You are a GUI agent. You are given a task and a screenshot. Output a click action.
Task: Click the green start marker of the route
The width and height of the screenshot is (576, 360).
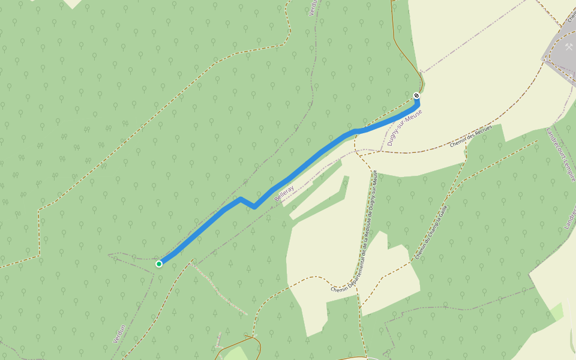tap(159, 263)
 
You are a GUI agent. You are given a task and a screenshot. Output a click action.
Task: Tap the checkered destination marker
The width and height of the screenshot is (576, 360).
tap(416, 96)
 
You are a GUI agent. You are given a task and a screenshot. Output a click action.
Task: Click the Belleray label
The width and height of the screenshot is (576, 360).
tap(284, 193)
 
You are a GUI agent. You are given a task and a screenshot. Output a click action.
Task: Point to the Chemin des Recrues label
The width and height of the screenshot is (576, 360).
tap(471, 137)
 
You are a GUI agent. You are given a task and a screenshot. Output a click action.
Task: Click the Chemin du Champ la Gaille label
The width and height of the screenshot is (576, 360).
tap(431, 232)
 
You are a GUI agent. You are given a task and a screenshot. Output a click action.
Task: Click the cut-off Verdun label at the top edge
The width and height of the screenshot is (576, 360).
tap(312, 7)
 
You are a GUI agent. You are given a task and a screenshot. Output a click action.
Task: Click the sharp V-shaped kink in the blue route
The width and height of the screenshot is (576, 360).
tap(254, 207)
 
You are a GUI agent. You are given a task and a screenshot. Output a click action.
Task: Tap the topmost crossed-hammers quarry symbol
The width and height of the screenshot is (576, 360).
tap(569, 46)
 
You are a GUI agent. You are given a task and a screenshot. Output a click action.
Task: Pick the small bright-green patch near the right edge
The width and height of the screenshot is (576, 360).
tap(557, 311)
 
